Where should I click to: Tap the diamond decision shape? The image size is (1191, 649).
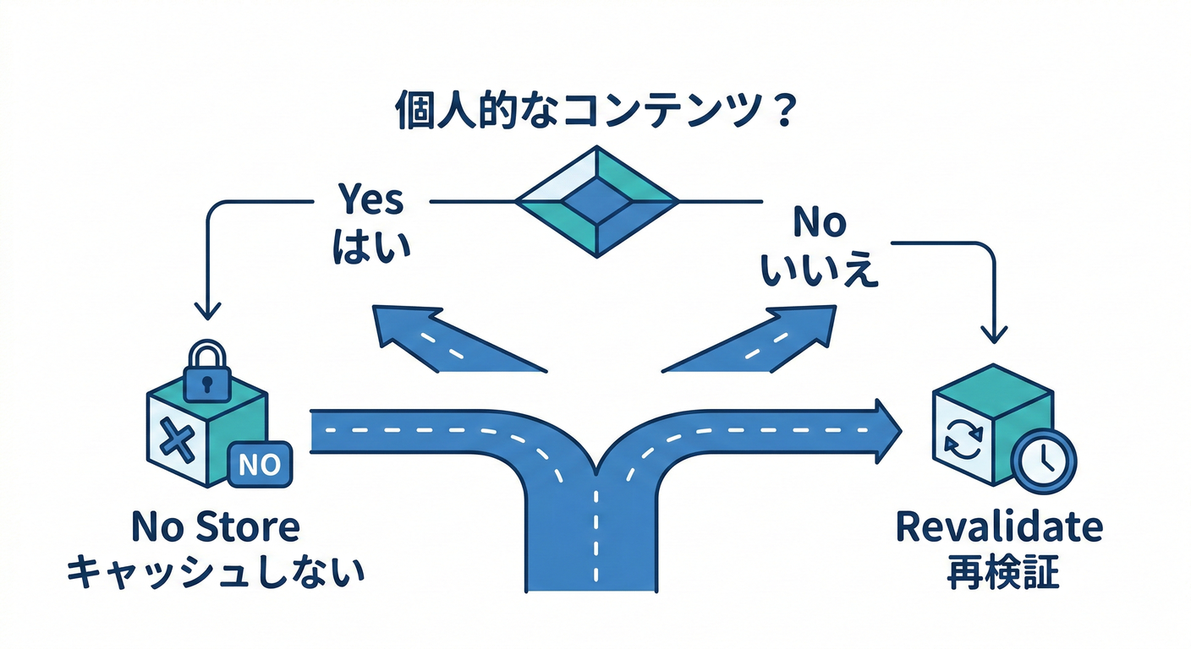(x=597, y=202)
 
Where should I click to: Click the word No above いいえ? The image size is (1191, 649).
(x=820, y=222)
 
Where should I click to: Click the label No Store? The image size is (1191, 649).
(x=216, y=527)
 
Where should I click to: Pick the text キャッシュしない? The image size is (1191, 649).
(x=216, y=573)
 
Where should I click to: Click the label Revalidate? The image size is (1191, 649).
(x=998, y=527)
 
